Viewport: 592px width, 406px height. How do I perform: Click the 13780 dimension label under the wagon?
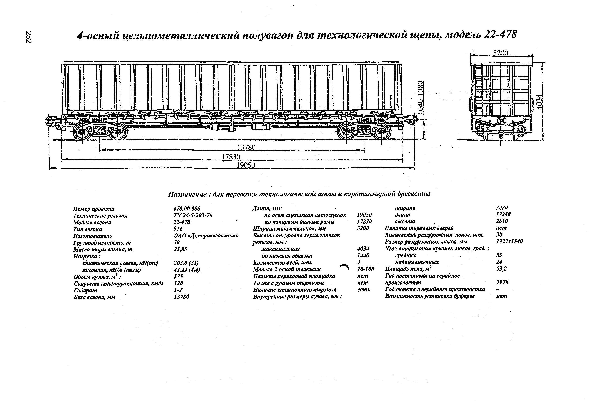coord(246,147)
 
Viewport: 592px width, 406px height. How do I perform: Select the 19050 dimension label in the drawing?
coord(246,165)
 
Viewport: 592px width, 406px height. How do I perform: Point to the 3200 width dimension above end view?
coord(501,53)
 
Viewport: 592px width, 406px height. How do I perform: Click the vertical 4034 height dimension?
coord(540,102)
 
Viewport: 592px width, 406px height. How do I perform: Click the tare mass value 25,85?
coord(180,249)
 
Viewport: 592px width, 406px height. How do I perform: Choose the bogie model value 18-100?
coord(366,269)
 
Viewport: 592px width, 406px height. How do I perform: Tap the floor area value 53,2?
coord(501,269)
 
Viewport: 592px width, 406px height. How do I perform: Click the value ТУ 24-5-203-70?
coord(193,215)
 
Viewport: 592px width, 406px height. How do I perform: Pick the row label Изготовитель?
coord(92,236)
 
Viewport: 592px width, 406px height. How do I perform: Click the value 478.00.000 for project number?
coord(187,209)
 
